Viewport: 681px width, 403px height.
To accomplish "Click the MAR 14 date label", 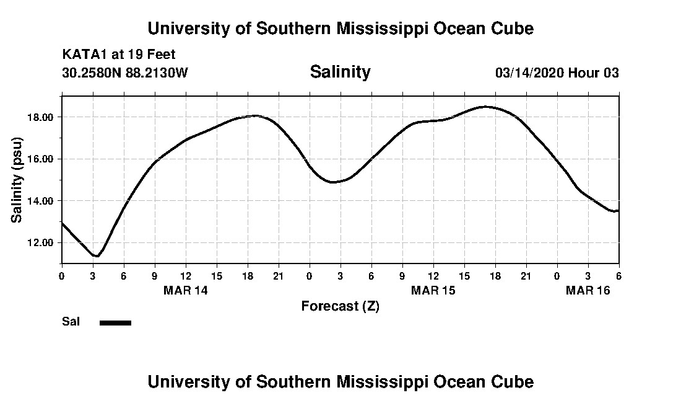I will pos(186,290).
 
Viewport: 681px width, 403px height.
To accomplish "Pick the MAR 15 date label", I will pos(433,290).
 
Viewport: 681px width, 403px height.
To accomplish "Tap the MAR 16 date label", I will pos(588,290).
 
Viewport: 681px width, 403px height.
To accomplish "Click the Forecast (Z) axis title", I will pos(340,306).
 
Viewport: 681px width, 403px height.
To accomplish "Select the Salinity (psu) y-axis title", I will pos(17,179).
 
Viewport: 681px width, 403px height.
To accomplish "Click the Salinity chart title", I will pos(340,72).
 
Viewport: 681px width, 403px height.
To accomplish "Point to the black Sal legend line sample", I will pos(116,322).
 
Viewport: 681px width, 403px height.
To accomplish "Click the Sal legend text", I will pos(71,322).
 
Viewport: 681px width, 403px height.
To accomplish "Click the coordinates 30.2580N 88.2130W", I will pos(125,73).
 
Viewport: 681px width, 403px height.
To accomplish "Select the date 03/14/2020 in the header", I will pos(529,73).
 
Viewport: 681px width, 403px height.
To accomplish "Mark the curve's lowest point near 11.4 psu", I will pos(96,255).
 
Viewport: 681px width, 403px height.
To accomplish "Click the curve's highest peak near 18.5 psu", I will pos(486,107).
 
